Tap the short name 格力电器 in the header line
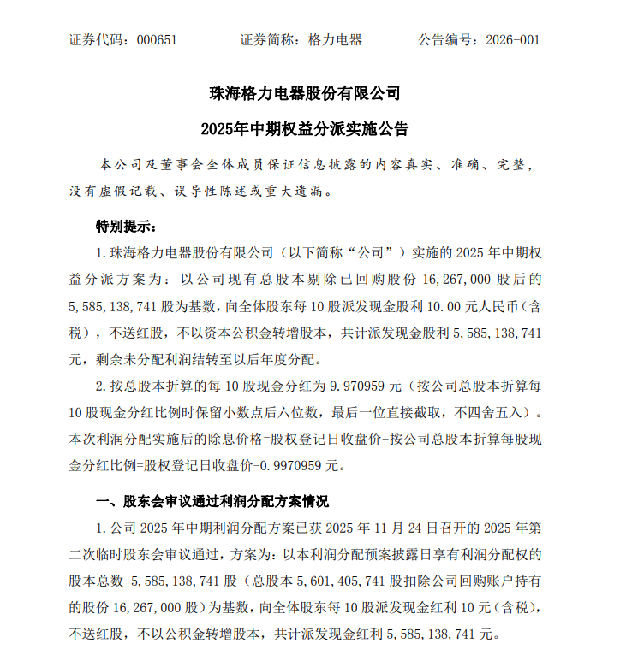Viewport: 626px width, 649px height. tap(335, 40)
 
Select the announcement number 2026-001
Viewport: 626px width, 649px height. tap(512, 40)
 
